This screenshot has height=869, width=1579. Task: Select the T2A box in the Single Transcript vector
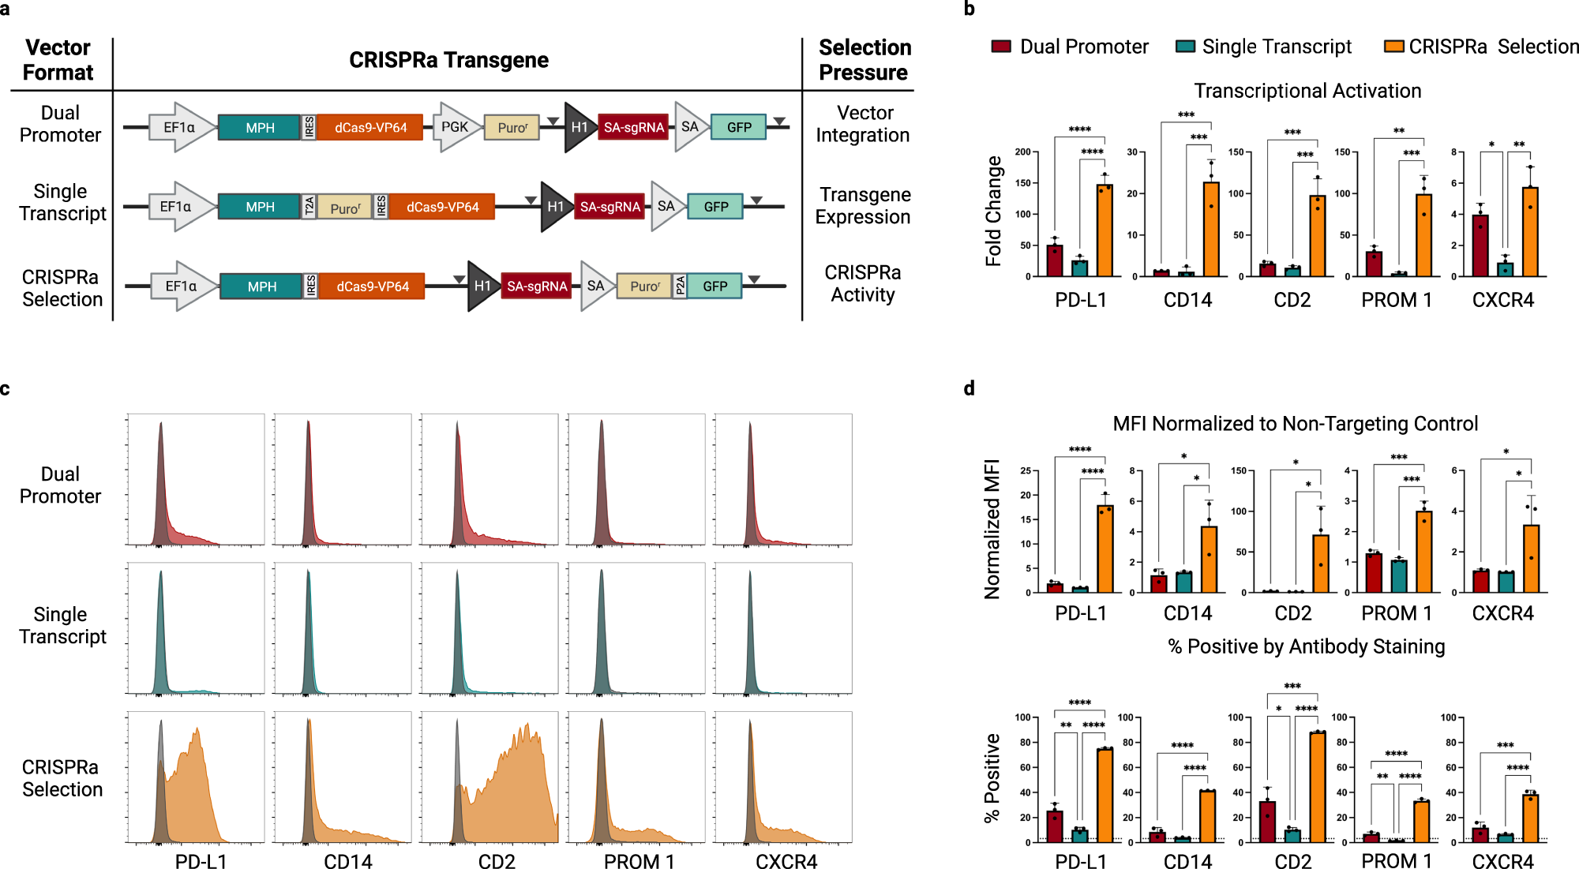pos(309,207)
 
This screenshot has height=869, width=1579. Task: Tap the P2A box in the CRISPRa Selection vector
pos(680,286)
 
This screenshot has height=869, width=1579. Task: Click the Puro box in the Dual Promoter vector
pos(512,127)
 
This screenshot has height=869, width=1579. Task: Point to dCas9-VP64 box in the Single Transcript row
pos(442,207)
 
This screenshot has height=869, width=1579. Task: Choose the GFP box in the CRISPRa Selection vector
pos(715,286)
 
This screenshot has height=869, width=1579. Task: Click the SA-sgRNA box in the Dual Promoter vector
pos(633,127)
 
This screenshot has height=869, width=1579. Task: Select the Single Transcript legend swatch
pos(1185,47)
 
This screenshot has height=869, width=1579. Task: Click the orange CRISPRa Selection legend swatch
pos(1393,47)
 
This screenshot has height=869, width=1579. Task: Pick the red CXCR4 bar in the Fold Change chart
pos(1480,245)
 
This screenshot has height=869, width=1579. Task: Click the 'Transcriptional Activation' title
pos(1307,91)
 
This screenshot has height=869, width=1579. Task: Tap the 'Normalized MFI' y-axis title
pos(992,529)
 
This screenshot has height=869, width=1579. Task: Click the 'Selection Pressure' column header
pos(865,60)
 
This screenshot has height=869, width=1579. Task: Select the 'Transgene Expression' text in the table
pos(864,205)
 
